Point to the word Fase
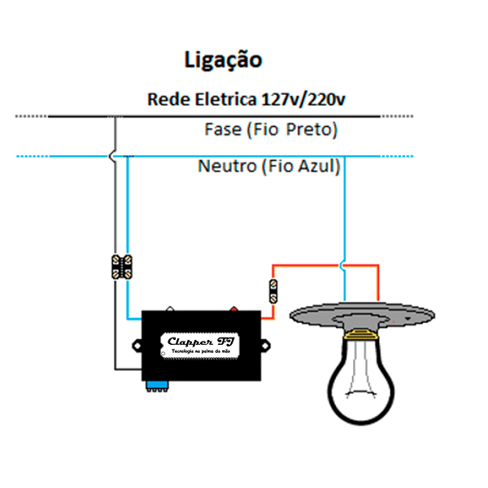tap(222, 129)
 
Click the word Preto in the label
tap(312, 129)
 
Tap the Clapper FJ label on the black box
tap(201, 343)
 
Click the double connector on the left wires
tap(122, 267)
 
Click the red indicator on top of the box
tap(235, 309)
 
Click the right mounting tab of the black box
tap(266, 346)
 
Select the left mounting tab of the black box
tap(137, 346)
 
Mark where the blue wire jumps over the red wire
tap(346, 264)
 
